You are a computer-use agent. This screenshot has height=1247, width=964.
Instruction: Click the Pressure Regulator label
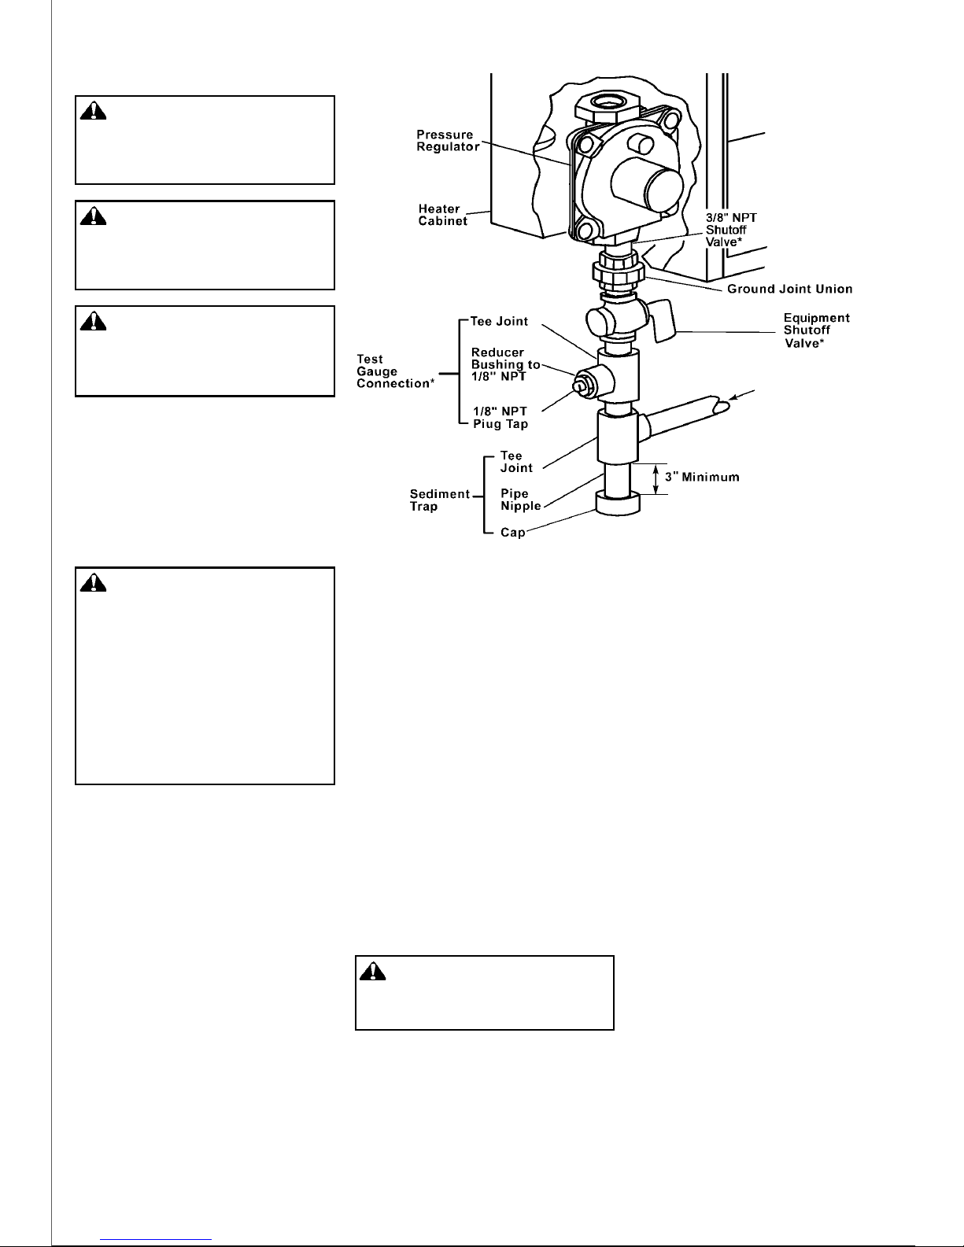tap(448, 141)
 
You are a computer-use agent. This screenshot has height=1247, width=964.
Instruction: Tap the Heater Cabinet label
tap(442, 216)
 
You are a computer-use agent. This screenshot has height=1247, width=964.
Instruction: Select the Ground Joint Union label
tap(789, 290)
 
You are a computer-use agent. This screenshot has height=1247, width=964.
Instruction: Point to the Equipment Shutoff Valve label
tap(817, 330)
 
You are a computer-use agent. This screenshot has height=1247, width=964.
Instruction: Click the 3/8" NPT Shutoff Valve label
tap(731, 230)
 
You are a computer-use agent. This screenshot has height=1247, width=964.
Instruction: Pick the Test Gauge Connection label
tap(395, 371)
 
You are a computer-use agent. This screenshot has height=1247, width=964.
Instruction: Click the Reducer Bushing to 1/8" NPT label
tap(505, 364)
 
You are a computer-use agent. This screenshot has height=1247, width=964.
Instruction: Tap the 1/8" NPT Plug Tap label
tap(500, 418)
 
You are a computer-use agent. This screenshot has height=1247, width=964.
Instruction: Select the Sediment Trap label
tap(440, 500)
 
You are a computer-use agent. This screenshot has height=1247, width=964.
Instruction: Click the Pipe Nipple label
tap(520, 500)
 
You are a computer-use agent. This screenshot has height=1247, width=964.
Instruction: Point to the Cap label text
tap(512, 533)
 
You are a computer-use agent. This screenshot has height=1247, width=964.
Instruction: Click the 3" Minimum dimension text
tap(702, 477)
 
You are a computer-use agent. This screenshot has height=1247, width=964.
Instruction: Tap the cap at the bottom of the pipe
tap(618, 504)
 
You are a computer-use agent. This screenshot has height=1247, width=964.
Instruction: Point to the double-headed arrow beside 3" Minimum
tap(656, 478)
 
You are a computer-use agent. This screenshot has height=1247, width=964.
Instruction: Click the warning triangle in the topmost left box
tap(93, 111)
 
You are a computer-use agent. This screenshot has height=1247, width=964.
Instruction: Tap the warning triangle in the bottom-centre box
tap(372, 972)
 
